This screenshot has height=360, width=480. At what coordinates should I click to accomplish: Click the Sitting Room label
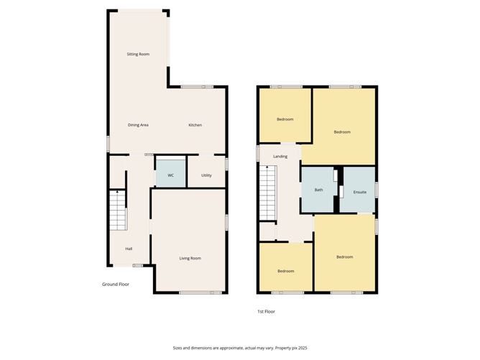[x=138, y=54]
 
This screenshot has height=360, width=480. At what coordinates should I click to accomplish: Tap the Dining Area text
[x=138, y=125]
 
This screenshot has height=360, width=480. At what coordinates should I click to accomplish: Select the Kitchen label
[x=195, y=125]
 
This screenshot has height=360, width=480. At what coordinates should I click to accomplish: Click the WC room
[x=170, y=175]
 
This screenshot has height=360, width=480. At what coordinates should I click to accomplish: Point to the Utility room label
[x=206, y=175]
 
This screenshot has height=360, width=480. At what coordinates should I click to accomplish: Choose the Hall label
[x=129, y=249]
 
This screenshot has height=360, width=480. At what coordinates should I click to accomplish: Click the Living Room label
[x=190, y=258]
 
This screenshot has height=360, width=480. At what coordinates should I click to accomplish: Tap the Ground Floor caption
[x=115, y=284]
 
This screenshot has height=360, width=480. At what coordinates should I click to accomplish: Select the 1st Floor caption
[x=266, y=311]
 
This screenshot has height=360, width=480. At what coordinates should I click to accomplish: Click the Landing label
[x=280, y=156]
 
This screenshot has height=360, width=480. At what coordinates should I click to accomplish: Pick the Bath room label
[x=318, y=190]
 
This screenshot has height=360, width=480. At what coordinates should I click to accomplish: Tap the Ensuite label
[x=360, y=192]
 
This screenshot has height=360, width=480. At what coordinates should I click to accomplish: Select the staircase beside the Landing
[x=267, y=194]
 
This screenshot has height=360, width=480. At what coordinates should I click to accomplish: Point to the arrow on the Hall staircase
[x=117, y=194]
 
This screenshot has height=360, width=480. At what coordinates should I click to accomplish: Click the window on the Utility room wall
[x=226, y=165]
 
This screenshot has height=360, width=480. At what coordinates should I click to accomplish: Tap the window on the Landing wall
[x=258, y=154]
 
